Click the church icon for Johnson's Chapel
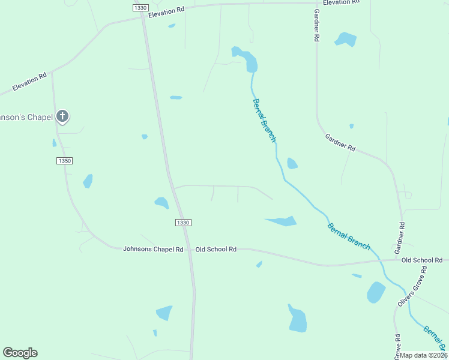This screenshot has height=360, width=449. (x=62, y=116)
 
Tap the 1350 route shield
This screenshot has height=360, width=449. (x=65, y=161)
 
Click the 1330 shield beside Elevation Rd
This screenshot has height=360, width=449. (x=140, y=7)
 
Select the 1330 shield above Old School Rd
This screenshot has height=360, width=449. (x=183, y=223)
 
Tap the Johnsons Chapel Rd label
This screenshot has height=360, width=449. (x=153, y=249)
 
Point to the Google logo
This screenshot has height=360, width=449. (x=20, y=353)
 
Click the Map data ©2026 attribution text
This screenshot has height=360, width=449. (x=423, y=355)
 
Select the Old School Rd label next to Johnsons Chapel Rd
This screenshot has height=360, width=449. (x=215, y=249)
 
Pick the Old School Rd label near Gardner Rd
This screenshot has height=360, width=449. (x=421, y=260)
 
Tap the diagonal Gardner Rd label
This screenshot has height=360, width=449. (x=340, y=142)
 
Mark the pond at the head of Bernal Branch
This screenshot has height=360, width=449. (x=246, y=58)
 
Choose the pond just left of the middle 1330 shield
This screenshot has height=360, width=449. (x=161, y=203)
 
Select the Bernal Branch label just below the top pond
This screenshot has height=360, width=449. (x=264, y=120)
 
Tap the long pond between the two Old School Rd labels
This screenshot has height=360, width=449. (x=282, y=221)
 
